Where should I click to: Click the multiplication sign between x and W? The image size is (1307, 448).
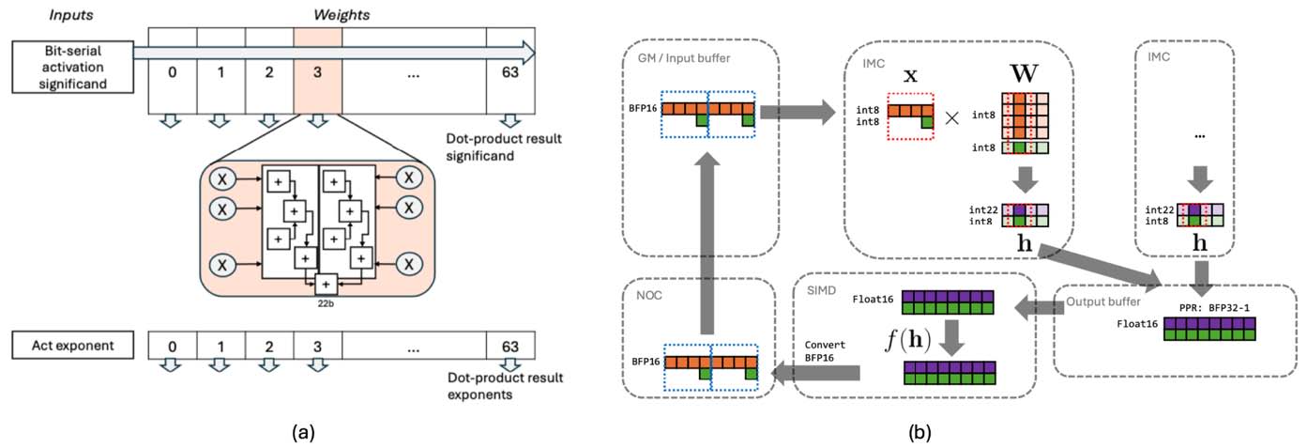click(951, 119)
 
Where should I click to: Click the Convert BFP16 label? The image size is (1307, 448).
click(826, 349)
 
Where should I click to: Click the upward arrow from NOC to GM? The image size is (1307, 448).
click(710, 243)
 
